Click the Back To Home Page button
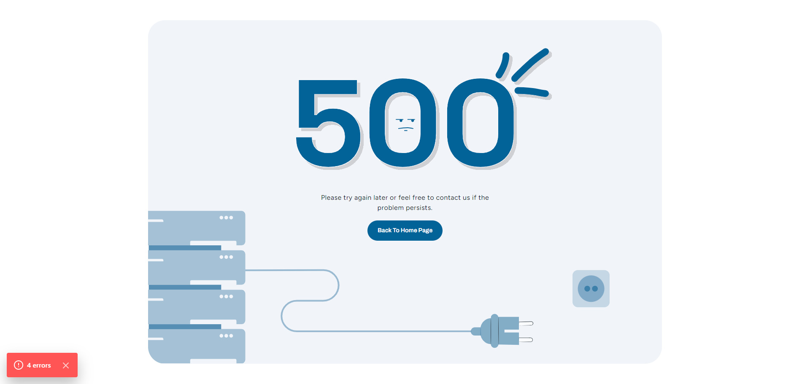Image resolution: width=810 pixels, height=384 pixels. [x=405, y=231]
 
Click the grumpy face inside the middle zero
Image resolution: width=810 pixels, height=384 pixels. [x=405, y=124]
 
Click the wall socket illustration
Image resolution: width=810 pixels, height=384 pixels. [x=591, y=289]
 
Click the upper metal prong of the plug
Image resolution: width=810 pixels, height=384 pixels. [x=526, y=323]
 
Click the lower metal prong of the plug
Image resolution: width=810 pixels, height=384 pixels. [x=526, y=340]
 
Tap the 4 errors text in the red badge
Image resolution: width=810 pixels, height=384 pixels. [x=39, y=365]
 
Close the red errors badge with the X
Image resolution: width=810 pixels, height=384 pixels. [x=66, y=365]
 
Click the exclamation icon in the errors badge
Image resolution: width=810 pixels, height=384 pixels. [x=19, y=365]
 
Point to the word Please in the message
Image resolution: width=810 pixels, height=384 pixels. [x=331, y=198]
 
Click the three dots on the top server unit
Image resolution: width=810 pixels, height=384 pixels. [x=226, y=218]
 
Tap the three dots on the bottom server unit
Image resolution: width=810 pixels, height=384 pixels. [x=226, y=336]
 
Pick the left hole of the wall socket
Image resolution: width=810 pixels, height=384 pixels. [x=587, y=289]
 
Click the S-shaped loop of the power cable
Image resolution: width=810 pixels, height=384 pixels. [x=310, y=300]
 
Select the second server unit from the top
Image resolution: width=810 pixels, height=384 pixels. [x=197, y=266]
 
